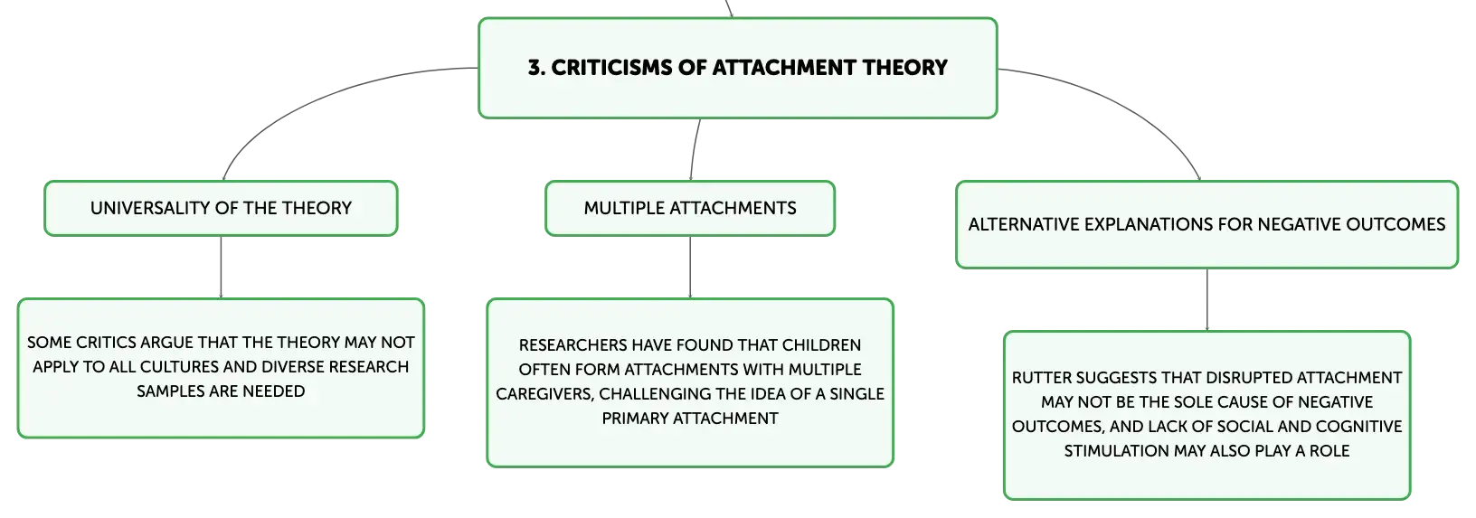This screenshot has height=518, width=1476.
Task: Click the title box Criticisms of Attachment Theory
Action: tap(737, 68)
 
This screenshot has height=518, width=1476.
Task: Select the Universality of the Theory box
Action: tap(221, 208)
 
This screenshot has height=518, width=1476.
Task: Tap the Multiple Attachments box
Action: tap(690, 208)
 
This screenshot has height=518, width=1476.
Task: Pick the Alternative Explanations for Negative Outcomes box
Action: tap(1206, 225)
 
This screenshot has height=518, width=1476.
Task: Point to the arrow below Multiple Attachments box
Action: tap(690, 267)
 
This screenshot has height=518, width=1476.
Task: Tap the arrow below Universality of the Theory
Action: tap(221, 267)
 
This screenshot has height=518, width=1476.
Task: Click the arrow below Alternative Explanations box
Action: tap(1207, 300)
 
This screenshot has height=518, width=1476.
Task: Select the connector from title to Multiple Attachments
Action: tap(694, 149)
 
